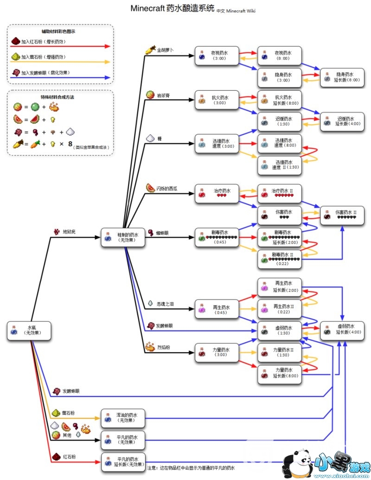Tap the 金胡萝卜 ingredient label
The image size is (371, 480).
pyautogui.click(x=165, y=50)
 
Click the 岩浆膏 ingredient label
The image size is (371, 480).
pyautogui.click(x=163, y=95)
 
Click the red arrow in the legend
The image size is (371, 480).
pyautogui.click(x=60, y=46)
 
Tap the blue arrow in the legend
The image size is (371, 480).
pyautogui.click(x=60, y=78)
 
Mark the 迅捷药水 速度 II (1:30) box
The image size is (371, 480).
pyautogui.click(x=279, y=164)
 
